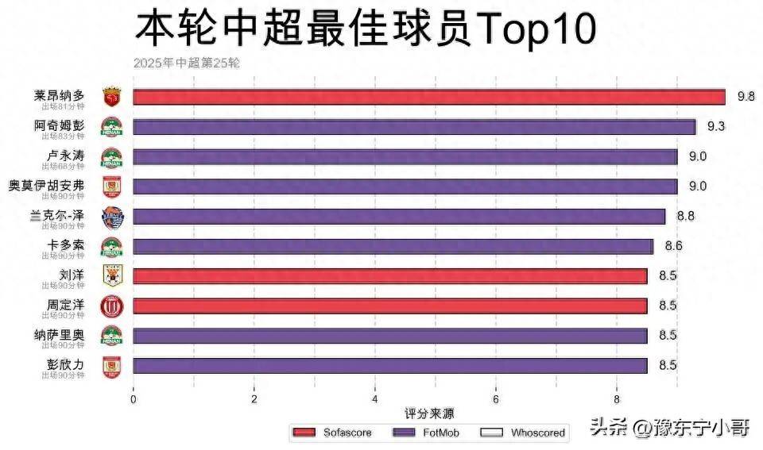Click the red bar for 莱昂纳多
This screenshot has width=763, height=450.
click(x=429, y=97)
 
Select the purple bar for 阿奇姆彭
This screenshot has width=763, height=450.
click(x=414, y=127)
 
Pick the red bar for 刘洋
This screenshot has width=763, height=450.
click(x=389, y=276)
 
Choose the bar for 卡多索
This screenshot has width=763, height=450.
click(x=393, y=247)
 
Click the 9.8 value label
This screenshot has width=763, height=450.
click(x=746, y=96)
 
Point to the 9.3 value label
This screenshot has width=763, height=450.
click(x=715, y=126)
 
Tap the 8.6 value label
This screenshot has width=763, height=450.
click(x=672, y=246)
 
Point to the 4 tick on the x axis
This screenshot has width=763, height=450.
click(x=375, y=399)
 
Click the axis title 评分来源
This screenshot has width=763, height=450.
click(x=429, y=414)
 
